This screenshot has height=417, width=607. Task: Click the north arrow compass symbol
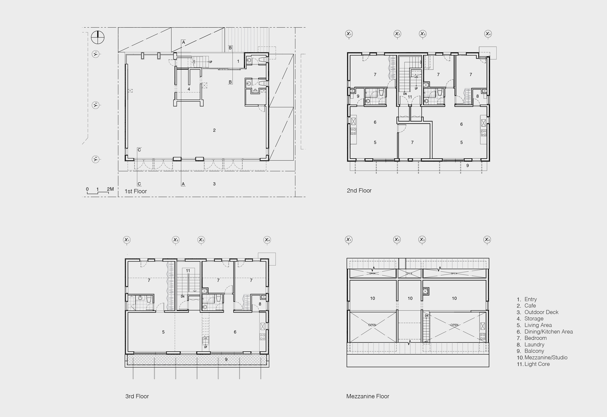pyautogui.click(x=98, y=37)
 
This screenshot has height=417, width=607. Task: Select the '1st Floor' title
pyautogui.click(x=135, y=191)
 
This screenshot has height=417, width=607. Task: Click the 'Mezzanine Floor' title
pyautogui.click(x=368, y=396)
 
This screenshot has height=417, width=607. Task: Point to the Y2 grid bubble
pyautogui.click(x=96, y=105)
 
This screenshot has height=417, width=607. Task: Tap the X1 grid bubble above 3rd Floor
pyautogui.click(x=127, y=240)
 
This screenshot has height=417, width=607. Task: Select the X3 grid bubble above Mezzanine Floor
pyautogui.click(x=422, y=240)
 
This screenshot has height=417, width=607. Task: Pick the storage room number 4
pyautogui.click(x=189, y=89)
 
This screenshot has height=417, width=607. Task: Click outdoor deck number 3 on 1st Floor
pyautogui.click(x=214, y=184)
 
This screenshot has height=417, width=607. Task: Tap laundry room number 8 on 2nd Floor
pyautogui.click(x=477, y=96)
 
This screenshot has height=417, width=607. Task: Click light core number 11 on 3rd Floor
pyautogui.click(x=188, y=271)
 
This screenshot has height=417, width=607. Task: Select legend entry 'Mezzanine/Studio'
pyautogui.click(x=546, y=358)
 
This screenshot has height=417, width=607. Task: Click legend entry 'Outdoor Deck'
pyautogui.click(x=541, y=312)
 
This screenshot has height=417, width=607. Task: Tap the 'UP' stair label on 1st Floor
pyautogui.click(x=211, y=62)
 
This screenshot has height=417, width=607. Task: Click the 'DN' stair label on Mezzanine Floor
pyautogui.click(x=427, y=316)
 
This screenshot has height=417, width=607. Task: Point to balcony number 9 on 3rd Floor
pyautogui.click(x=226, y=360)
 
